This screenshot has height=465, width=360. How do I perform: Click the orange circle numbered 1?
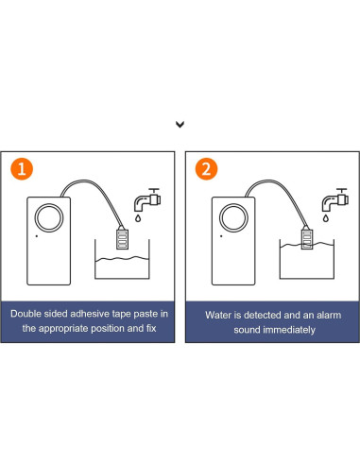tap(22, 169)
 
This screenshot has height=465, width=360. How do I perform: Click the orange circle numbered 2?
tap(206, 169)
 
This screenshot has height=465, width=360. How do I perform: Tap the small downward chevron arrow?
tap(180, 125)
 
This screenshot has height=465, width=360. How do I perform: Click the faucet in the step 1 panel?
tap(147, 199)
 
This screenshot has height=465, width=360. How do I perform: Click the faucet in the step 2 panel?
tap(334, 199)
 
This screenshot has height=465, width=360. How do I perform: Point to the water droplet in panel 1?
tap(138, 218)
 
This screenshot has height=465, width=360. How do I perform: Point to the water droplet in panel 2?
tap(326, 218)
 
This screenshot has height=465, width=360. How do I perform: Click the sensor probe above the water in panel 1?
tap(122, 238)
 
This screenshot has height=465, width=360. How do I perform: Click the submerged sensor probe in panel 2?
tap(307, 238)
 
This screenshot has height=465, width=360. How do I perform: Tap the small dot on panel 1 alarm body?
tap(37, 236)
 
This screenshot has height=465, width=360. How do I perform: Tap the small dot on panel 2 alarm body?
tap(221, 236)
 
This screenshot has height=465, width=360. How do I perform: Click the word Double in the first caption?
tap(26, 314)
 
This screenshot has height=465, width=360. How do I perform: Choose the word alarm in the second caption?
tap(329, 315)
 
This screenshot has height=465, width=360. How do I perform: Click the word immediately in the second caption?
tap(289, 330)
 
